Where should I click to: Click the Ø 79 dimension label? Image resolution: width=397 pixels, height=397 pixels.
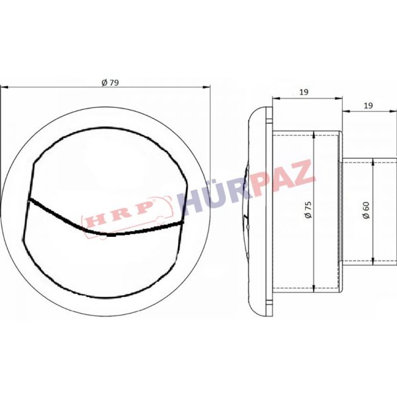pos(110,83)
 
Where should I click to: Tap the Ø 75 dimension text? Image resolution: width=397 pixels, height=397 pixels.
pos(308,210)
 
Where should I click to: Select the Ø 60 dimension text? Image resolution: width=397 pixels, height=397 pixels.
pos(366,210)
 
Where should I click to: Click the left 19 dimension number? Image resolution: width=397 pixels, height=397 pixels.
pos(304,92)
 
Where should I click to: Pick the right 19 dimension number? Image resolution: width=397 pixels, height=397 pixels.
pos(369,106)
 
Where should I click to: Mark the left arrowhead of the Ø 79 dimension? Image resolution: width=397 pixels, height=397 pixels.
pos(4,87)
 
